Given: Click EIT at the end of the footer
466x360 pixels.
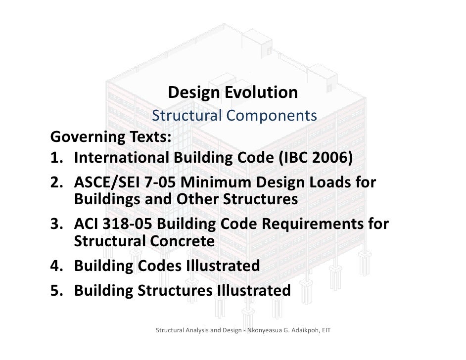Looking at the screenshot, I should [x=326, y=329].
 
